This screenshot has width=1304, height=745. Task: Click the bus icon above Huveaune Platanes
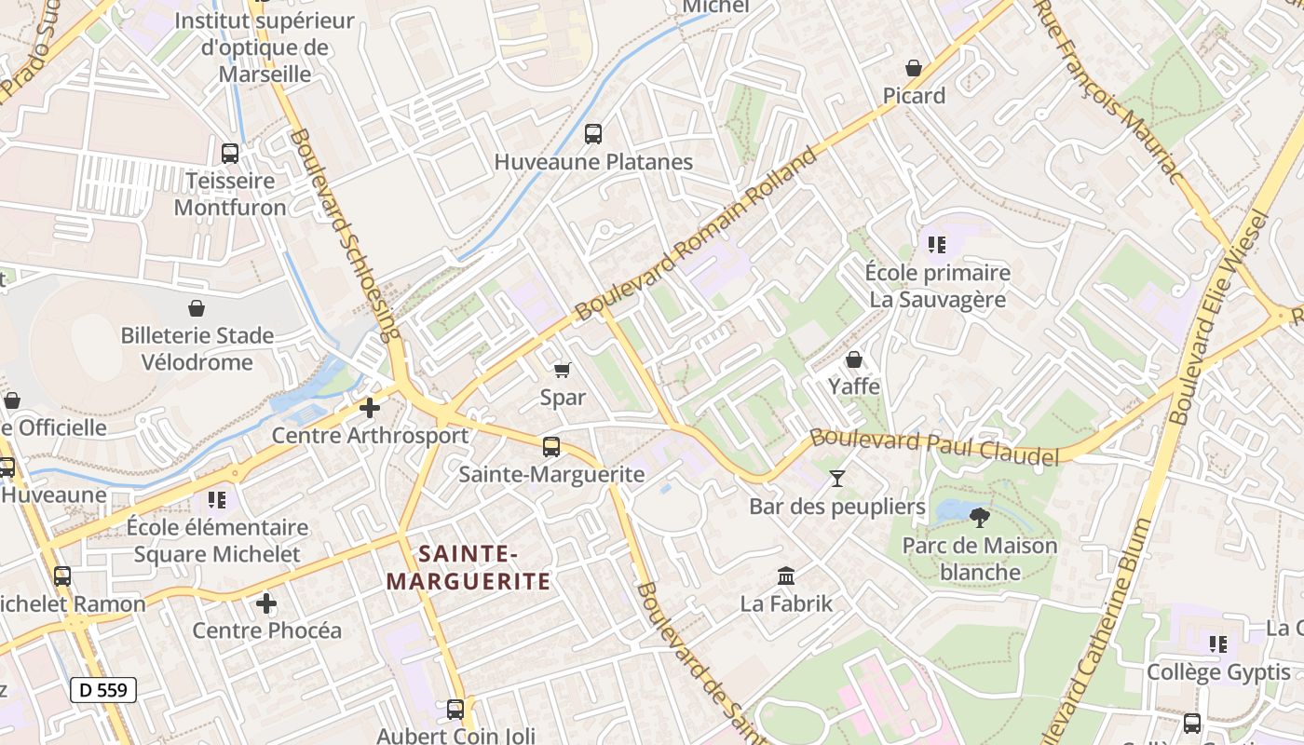(593, 134)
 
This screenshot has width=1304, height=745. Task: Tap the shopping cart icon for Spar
(563, 371)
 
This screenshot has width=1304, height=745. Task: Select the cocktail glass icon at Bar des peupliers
(837, 479)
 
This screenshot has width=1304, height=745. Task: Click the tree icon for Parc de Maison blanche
(979, 518)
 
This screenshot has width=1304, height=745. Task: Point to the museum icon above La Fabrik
(786, 576)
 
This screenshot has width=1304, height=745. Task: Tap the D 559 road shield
(103, 690)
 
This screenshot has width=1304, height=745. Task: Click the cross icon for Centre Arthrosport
(370, 408)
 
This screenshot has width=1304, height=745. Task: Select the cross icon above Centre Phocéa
(266, 603)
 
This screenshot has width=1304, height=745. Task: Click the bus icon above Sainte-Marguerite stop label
(551, 447)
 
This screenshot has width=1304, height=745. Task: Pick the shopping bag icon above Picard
(914, 68)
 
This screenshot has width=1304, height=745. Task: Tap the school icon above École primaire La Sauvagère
(937, 245)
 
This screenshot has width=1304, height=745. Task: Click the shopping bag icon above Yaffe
(854, 359)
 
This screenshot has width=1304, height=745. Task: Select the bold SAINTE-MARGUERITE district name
(469, 568)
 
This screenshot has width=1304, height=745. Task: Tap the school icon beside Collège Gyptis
(1218, 644)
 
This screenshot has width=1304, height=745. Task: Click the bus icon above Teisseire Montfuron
(230, 154)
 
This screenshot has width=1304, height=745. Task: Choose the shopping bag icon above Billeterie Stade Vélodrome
(197, 308)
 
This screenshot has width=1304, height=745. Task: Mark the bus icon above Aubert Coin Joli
(455, 710)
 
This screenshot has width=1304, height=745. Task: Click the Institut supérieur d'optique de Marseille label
(265, 47)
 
